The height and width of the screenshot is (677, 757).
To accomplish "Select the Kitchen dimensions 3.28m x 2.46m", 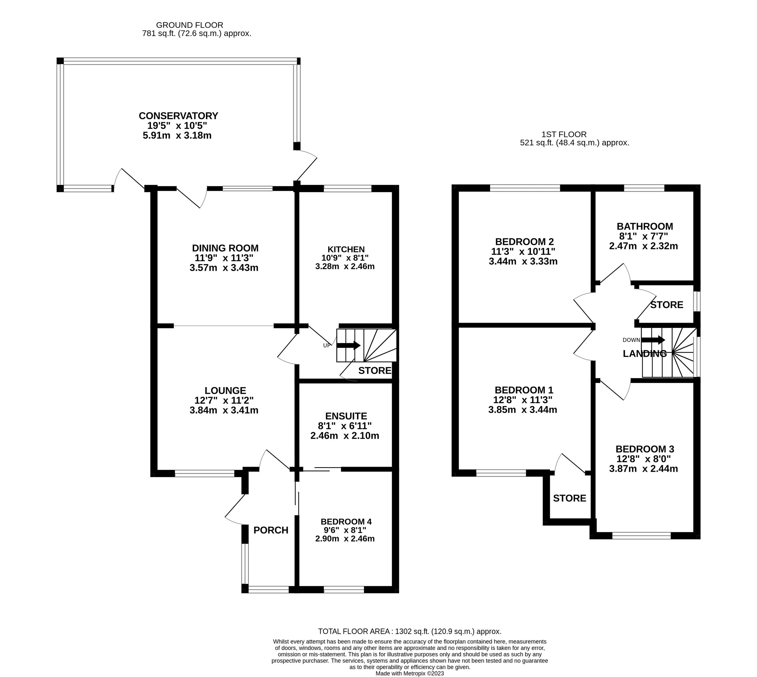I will pyautogui.click(x=345, y=266).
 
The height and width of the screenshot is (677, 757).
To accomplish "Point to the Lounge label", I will pyautogui.click(x=225, y=390).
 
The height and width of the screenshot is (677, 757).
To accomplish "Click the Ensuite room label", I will pyautogui.click(x=346, y=416).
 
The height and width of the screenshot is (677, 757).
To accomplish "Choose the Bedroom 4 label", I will pyautogui.click(x=346, y=522).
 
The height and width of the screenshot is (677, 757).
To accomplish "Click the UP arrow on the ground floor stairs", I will pyautogui.click(x=348, y=345).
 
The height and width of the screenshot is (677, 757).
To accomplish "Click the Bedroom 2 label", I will pyautogui.click(x=524, y=241).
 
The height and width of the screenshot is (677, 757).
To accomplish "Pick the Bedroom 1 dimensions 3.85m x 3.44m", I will pyautogui.click(x=523, y=410).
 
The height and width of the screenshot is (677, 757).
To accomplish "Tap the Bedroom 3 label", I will pyautogui.click(x=644, y=449).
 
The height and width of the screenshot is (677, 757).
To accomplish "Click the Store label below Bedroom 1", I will pyautogui.click(x=569, y=498).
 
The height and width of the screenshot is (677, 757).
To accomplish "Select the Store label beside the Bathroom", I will pyautogui.click(x=666, y=305).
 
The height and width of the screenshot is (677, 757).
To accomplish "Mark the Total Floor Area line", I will pyautogui.click(x=409, y=631).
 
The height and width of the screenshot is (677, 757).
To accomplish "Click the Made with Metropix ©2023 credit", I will pyautogui.click(x=409, y=673).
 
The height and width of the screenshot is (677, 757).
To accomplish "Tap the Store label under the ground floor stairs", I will pyautogui.click(x=374, y=370).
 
